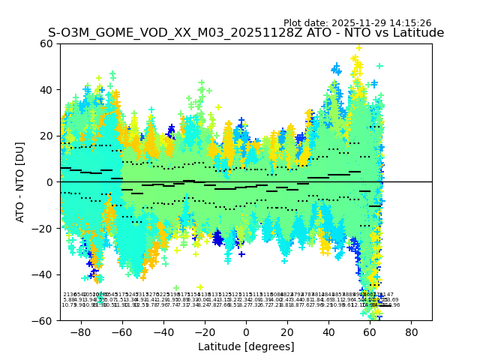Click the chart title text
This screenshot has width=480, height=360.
pos(246,33)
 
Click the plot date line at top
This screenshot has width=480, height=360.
pos(357,23)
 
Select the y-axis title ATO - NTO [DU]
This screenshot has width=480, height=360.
pos(21,182)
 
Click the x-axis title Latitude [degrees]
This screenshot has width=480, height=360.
pos(246,346)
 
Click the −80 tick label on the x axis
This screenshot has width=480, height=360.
pos(80,331)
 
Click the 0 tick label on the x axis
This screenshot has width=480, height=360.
pos(246,331)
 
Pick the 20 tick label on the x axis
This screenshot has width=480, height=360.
pos(287,331)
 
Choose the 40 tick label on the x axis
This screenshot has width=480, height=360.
pos(328,331)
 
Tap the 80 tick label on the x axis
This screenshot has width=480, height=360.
pos(412,331)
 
